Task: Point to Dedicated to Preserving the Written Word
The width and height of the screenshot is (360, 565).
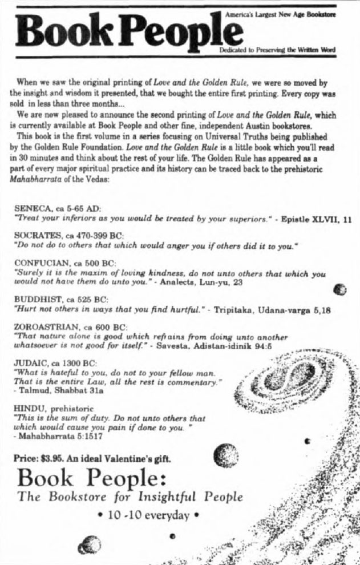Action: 280,50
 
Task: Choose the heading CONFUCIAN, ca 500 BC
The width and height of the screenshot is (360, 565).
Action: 64,265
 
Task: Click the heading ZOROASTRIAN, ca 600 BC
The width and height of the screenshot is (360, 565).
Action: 71,328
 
